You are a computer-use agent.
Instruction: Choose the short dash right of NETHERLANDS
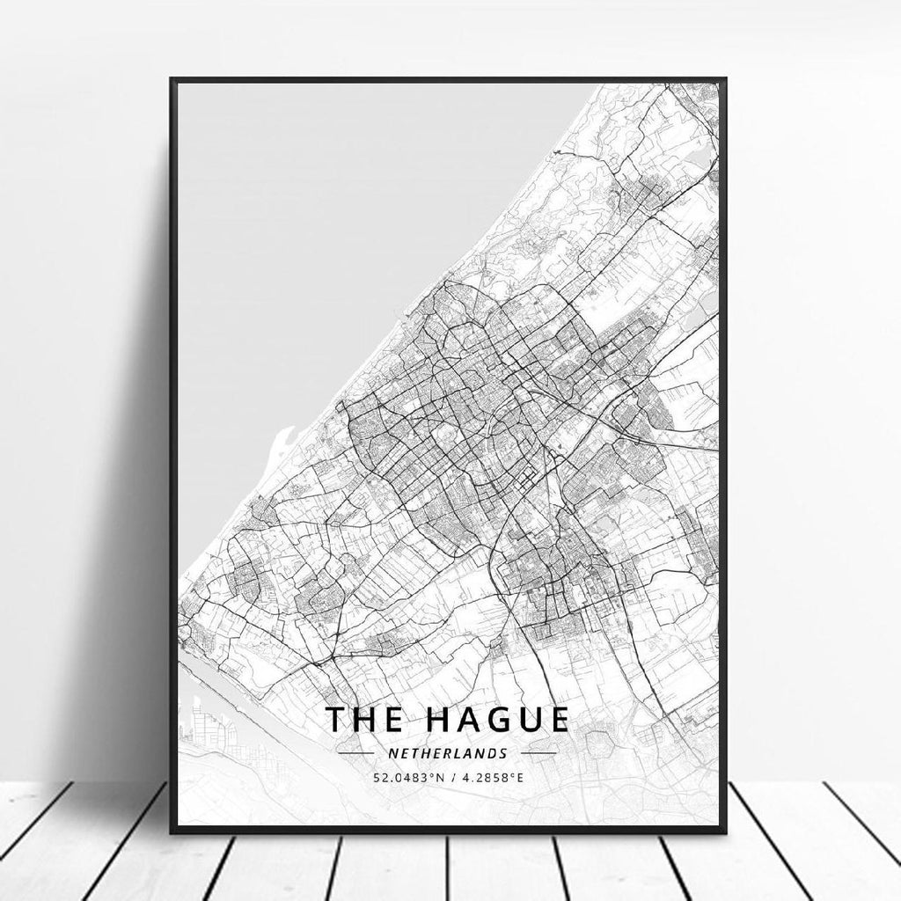click(x=538, y=754)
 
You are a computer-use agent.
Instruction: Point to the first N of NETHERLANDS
click(x=392, y=754)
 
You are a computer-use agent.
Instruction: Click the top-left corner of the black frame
click(x=172, y=79)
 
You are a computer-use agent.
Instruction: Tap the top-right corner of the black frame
click(x=725, y=79)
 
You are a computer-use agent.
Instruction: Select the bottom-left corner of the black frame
click(x=172, y=831)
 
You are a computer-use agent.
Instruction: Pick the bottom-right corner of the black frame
click(x=725, y=831)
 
